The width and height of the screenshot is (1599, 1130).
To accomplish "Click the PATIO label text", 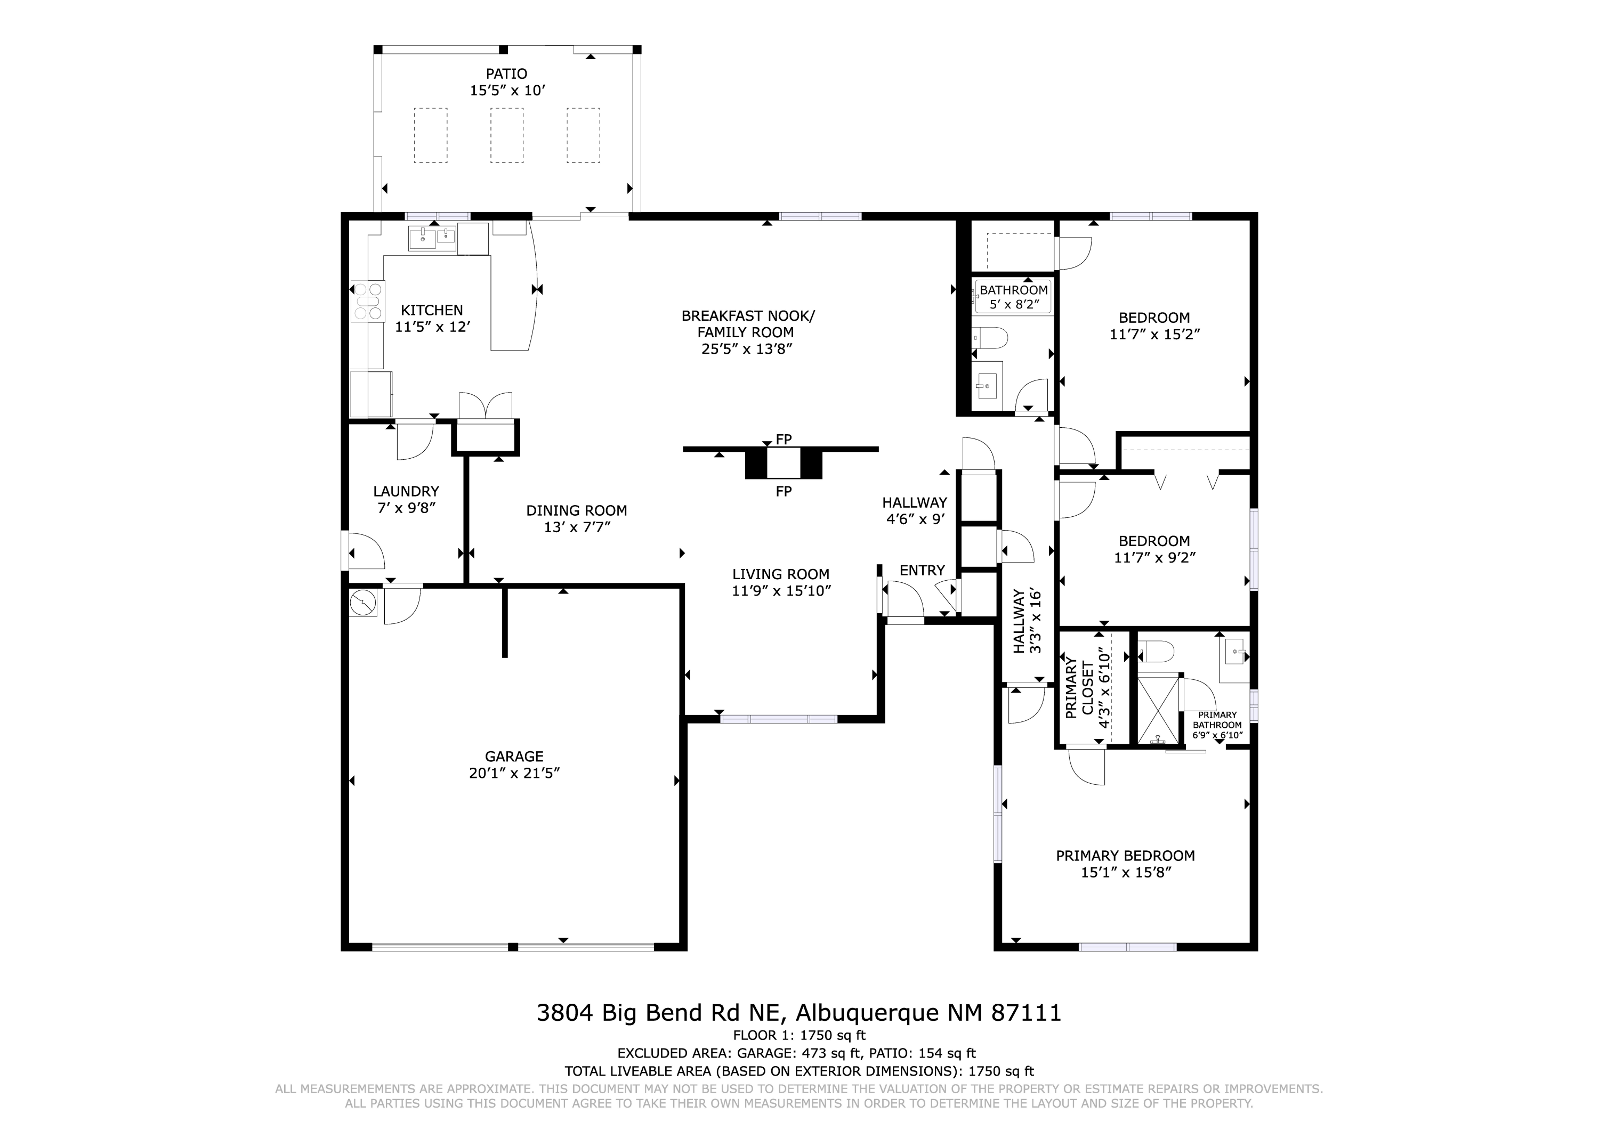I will [x=506, y=74].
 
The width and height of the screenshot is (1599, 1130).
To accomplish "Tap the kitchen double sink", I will [x=432, y=239].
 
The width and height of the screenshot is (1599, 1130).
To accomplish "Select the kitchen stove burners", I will [x=368, y=301].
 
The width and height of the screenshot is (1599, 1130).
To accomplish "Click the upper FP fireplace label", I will [x=784, y=440].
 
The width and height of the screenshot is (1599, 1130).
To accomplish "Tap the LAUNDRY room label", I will [x=406, y=492].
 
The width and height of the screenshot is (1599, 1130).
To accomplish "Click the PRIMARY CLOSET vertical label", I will [x=1079, y=688].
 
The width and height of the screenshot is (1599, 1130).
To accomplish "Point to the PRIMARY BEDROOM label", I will [x=1125, y=856].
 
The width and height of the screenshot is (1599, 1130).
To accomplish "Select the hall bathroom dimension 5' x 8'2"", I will [x=1013, y=304].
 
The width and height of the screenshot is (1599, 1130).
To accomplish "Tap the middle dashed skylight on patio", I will [x=506, y=135].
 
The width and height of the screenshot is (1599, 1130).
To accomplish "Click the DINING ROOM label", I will [x=576, y=510].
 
